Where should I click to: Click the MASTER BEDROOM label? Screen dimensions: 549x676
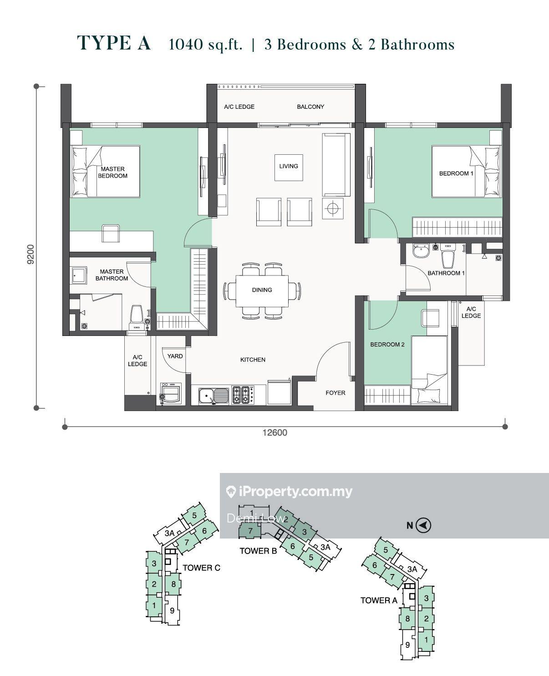pyautogui.click(x=112, y=173)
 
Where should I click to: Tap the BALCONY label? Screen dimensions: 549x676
pyautogui.click(x=310, y=107)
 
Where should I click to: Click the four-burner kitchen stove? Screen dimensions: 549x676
pyautogui.click(x=243, y=395)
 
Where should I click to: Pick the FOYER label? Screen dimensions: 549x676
pyautogui.click(x=335, y=393)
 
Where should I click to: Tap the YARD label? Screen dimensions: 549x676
pyautogui.click(x=175, y=356)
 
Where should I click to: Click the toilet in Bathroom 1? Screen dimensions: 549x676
pyautogui.click(x=448, y=255)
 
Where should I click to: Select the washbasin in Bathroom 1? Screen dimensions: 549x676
pyautogui.click(x=421, y=251)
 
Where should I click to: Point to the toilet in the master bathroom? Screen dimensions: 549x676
pyautogui.click(x=137, y=317)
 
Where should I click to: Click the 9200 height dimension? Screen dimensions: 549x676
pyautogui.click(x=30, y=254)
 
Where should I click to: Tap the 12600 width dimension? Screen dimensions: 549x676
pyautogui.click(x=275, y=432)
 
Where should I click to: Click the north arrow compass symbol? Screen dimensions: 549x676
pyautogui.click(x=423, y=525)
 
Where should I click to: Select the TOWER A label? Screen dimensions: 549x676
pyautogui.click(x=379, y=600)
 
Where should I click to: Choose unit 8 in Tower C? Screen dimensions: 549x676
pyautogui.click(x=173, y=584)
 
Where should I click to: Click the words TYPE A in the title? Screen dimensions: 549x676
pyautogui.click(x=114, y=43)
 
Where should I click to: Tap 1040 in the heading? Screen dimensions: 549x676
pyautogui.click(x=186, y=45)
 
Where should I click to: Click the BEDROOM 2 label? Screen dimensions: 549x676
pyautogui.click(x=387, y=344)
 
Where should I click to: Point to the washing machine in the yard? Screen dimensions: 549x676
pyautogui.click(x=171, y=394)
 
